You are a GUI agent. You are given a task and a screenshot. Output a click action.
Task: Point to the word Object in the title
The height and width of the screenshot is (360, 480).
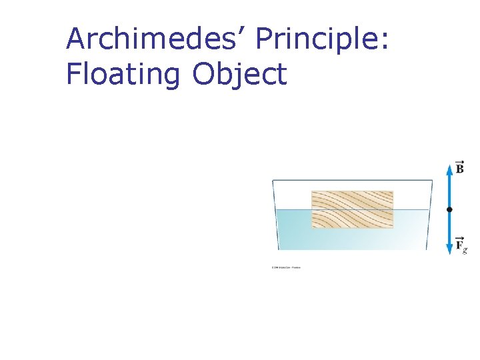(240, 74)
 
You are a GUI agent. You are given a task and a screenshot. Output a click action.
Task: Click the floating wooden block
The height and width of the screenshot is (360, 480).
(352, 209)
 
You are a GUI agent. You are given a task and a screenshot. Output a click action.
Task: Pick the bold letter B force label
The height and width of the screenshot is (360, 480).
(460, 168)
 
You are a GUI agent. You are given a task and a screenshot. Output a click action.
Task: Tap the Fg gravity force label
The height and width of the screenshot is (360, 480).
(461, 245)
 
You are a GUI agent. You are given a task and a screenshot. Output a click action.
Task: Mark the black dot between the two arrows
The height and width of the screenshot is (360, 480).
(449, 209)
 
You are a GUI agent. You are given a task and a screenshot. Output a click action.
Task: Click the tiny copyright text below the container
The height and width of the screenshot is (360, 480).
(286, 268)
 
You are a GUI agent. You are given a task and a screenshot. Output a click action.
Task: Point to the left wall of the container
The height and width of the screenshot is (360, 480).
(274, 213)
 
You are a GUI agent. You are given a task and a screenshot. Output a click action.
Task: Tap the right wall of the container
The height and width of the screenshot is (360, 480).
(429, 213)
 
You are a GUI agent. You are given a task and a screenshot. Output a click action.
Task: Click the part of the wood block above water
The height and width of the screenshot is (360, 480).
(352, 200)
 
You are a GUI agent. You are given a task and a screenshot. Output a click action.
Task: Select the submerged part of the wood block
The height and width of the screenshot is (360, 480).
(352, 219)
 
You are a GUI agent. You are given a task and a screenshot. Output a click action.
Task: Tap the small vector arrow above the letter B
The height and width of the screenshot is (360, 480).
(459, 161)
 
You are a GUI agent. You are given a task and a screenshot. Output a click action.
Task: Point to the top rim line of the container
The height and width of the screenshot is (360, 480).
(352, 179)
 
